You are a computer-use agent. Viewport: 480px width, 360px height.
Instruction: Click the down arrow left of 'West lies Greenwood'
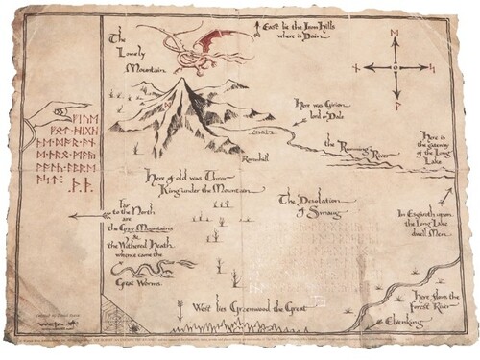click(x=180, y=308)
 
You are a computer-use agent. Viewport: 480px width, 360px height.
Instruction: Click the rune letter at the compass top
click(x=394, y=35)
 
